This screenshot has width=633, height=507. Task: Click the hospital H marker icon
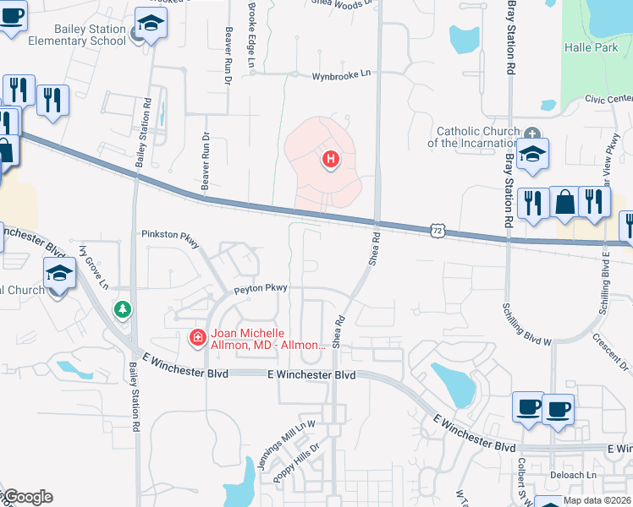pyautogui.click(x=331, y=158)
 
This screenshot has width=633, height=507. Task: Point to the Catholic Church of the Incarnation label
pyautogui.click(x=482, y=137)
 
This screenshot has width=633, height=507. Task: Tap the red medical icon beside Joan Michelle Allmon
pyautogui.click(x=196, y=338)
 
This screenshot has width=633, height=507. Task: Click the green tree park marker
pyautogui.click(x=124, y=310)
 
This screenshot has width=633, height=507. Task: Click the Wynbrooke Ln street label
pyautogui.click(x=342, y=74)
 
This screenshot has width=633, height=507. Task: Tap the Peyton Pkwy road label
pyautogui.click(x=262, y=288)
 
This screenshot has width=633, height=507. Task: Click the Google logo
pyautogui.click(x=28, y=497)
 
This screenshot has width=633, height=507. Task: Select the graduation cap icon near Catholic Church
pyautogui.click(x=531, y=154)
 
